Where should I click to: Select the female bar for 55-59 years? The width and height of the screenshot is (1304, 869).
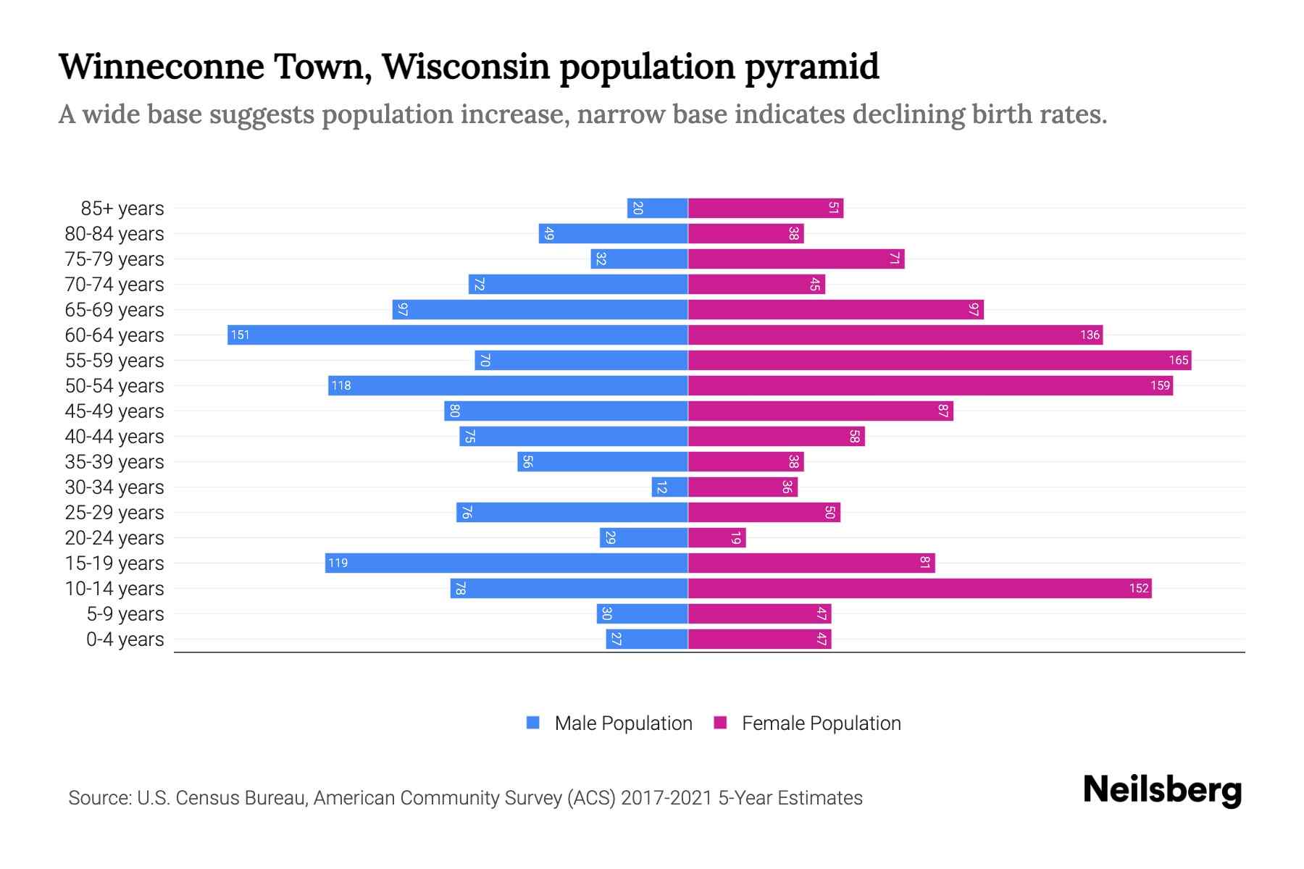(x=939, y=360)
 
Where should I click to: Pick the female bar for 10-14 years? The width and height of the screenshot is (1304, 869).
(x=919, y=588)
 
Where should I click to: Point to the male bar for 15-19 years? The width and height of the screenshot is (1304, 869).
(x=507, y=563)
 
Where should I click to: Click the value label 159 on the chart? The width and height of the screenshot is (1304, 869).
(x=1160, y=385)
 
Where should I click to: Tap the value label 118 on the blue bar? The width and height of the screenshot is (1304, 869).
(x=340, y=385)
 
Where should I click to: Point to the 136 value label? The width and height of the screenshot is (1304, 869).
(x=1090, y=335)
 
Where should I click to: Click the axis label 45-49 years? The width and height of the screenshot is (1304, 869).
(x=114, y=411)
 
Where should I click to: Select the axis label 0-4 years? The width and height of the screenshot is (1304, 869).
(x=125, y=639)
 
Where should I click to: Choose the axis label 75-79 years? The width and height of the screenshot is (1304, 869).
(x=114, y=259)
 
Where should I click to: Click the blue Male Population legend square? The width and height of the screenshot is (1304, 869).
(x=533, y=723)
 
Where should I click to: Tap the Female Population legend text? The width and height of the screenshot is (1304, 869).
(x=821, y=723)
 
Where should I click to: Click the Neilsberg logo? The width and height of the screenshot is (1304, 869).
(x=1162, y=790)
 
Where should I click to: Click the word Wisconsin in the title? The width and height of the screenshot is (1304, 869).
(x=466, y=67)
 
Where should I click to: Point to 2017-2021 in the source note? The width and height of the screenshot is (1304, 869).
(x=666, y=797)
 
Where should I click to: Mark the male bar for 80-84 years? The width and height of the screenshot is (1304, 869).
(x=613, y=233)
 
